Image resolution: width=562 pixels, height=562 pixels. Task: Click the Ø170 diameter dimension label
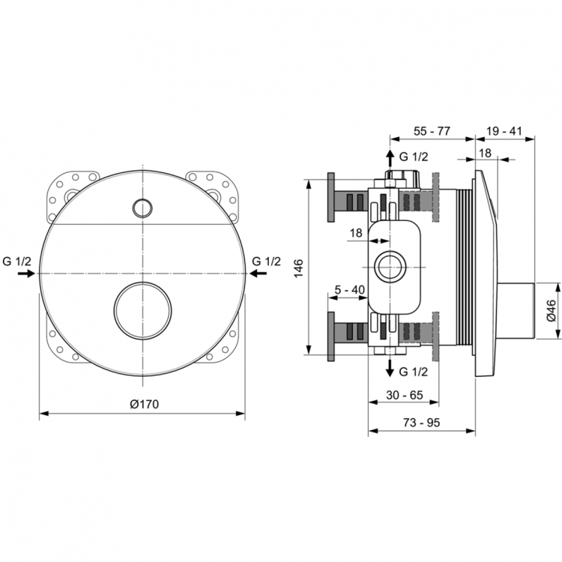144,404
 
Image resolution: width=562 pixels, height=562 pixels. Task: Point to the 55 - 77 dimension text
432,130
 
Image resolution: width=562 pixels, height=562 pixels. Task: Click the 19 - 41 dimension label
504,130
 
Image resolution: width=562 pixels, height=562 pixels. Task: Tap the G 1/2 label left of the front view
16,261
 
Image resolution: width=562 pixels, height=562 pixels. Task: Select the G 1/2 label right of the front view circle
266,261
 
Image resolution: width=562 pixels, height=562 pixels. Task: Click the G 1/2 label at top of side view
414,157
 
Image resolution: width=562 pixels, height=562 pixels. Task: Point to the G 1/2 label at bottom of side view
414,372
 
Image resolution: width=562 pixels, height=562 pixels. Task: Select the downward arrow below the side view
389,367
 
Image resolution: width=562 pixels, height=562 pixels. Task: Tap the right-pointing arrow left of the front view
25,274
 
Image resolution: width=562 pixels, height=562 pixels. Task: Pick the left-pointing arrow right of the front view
258,274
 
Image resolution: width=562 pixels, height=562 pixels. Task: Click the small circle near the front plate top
141,206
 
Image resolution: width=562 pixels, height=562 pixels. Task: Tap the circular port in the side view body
389,266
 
